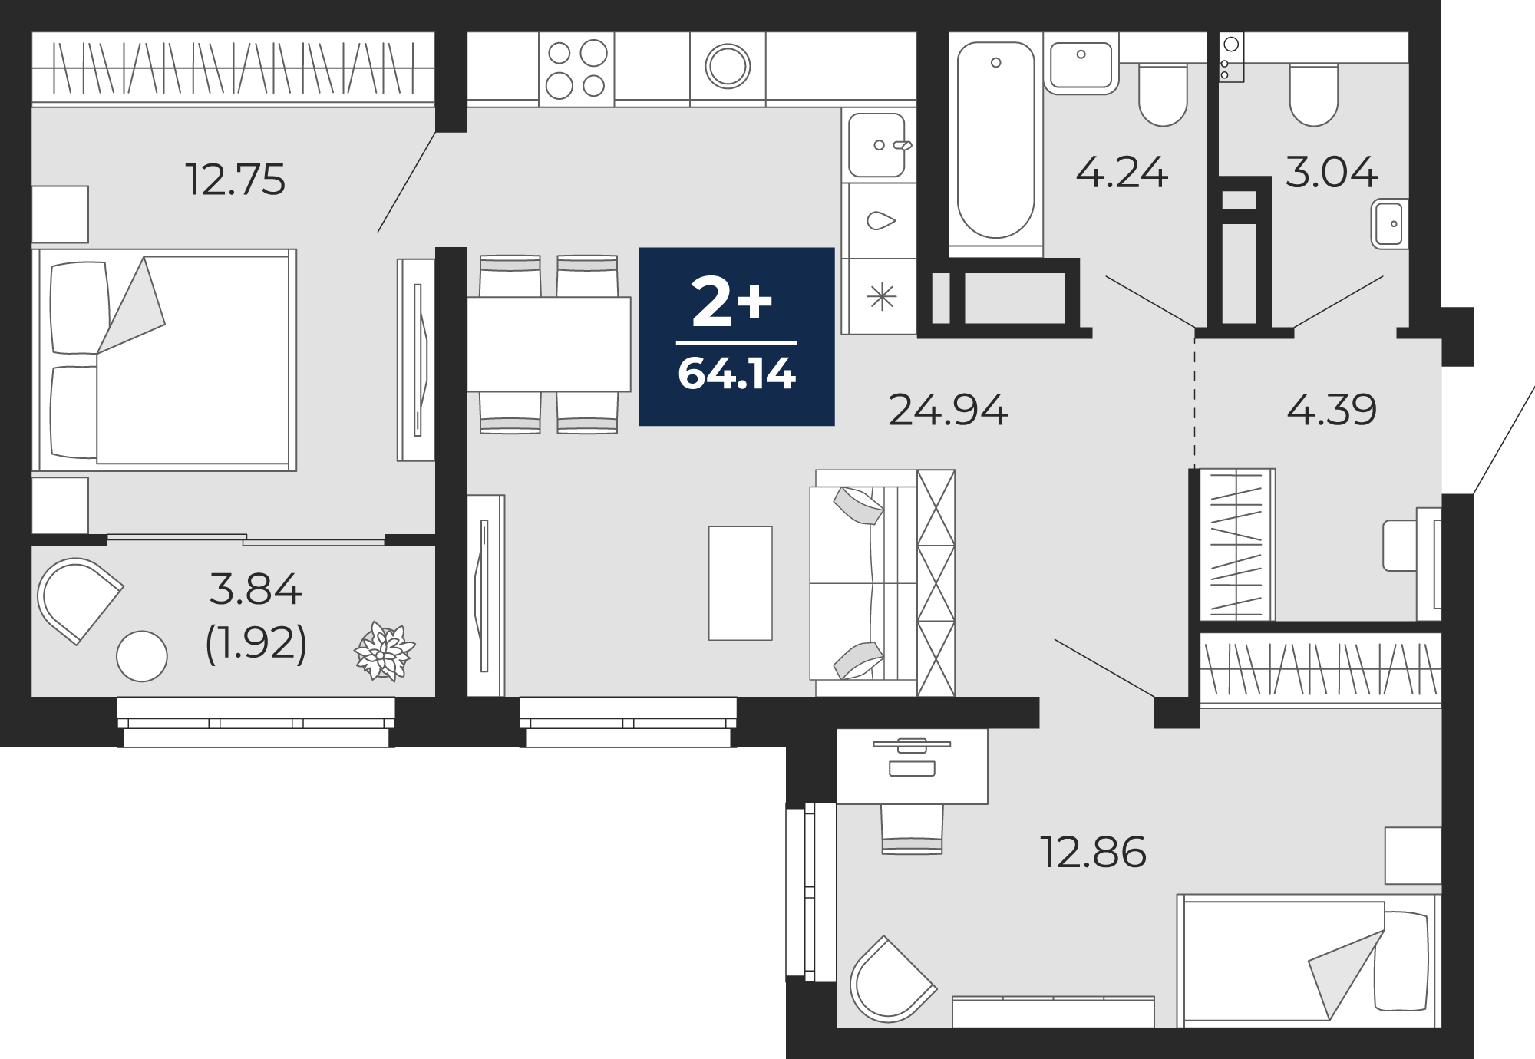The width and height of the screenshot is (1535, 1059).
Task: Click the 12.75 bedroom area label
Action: click(x=236, y=180)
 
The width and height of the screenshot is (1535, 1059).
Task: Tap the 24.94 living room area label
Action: click(x=948, y=410)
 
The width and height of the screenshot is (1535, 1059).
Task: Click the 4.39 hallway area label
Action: click(x=1332, y=410)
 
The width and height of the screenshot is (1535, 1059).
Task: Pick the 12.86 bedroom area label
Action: click(x=1093, y=852)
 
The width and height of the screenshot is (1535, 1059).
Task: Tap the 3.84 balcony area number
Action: click(x=256, y=589)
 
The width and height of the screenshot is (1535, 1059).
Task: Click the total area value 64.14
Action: click(x=737, y=374)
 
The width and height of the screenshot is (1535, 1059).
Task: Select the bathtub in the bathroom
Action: click(x=996, y=140)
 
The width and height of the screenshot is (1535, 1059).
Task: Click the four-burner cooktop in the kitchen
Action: click(x=576, y=69)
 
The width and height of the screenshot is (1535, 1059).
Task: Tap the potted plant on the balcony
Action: click(x=384, y=652)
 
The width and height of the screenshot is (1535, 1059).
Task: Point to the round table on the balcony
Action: click(x=141, y=656)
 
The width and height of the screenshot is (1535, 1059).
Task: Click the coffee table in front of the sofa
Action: click(x=740, y=582)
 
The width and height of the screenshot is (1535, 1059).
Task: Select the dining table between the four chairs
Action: click(x=549, y=344)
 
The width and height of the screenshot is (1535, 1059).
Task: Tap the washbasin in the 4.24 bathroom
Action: click(x=1081, y=65)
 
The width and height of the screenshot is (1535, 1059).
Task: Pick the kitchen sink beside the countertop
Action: click(x=877, y=145)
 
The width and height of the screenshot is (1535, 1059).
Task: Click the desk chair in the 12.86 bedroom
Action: click(x=912, y=829)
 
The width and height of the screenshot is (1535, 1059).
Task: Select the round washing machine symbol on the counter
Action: click(x=728, y=66)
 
